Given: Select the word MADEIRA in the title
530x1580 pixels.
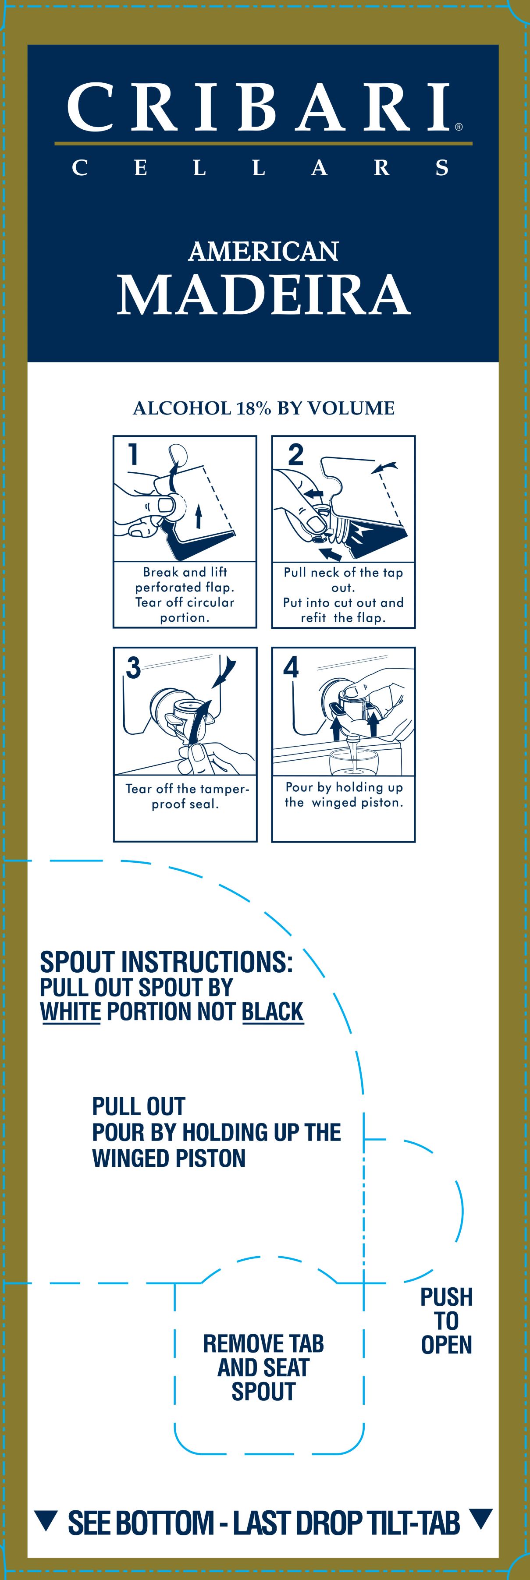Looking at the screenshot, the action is [x=264, y=294].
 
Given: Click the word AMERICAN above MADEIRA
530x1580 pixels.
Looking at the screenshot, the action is [x=264, y=252].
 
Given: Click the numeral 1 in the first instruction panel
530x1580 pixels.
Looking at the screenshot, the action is [x=133, y=454].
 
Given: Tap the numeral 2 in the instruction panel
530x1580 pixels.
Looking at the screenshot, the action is [x=295, y=454].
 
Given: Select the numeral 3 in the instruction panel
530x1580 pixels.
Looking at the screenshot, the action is [x=133, y=667].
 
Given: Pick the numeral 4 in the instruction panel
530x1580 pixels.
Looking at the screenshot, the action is [x=292, y=667].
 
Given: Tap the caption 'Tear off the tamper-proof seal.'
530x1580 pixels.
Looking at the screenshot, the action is [x=186, y=796].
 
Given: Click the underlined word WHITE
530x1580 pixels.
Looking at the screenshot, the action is [x=71, y=1011].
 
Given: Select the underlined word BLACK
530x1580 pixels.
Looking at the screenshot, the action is [x=273, y=1011].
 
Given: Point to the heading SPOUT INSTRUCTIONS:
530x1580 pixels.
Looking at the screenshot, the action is [x=166, y=962].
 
